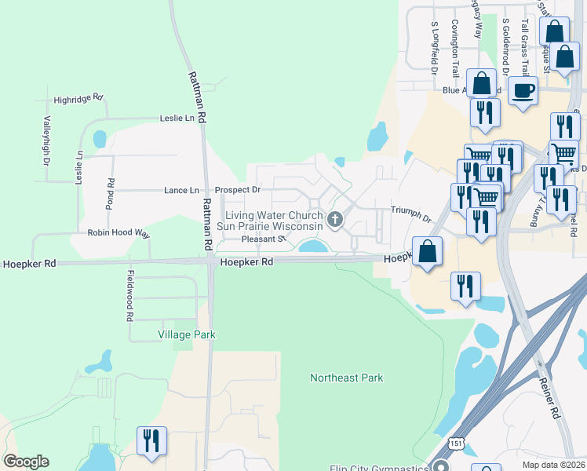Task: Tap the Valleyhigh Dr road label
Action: click(46, 141)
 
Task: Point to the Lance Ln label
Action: click(181, 191)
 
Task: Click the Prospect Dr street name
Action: click(238, 190)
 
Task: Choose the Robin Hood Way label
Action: click(118, 233)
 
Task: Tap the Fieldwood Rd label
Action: click(131, 296)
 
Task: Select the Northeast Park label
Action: click(346, 378)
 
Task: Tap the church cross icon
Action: click(335, 220)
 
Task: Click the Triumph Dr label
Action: click(412, 214)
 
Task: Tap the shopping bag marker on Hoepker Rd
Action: click(427, 252)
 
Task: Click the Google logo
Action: click(26, 462)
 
